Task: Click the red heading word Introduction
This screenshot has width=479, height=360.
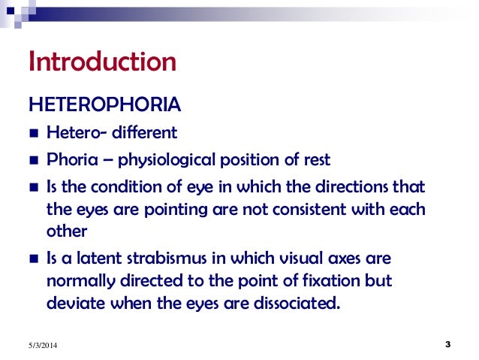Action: pyautogui.click(x=102, y=62)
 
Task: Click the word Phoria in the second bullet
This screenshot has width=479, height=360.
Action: pyautogui.click(x=67, y=159)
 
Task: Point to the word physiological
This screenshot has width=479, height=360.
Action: pyautogui.click(x=164, y=159)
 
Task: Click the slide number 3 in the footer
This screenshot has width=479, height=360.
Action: pyautogui.click(x=447, y=344)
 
